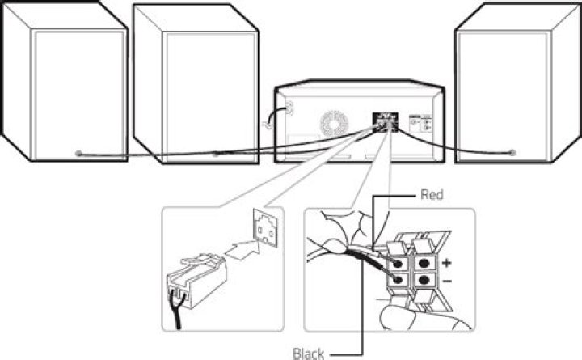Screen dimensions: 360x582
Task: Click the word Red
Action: click(x=432, y=195)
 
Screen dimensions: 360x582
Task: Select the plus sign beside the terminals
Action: click(x=446, y=262)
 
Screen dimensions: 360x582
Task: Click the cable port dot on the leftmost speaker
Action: click(x=78, y=154)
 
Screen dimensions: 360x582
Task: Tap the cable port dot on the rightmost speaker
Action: click(x=512, y=151)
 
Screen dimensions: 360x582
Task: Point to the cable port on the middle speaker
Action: click(x=215, y=152)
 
